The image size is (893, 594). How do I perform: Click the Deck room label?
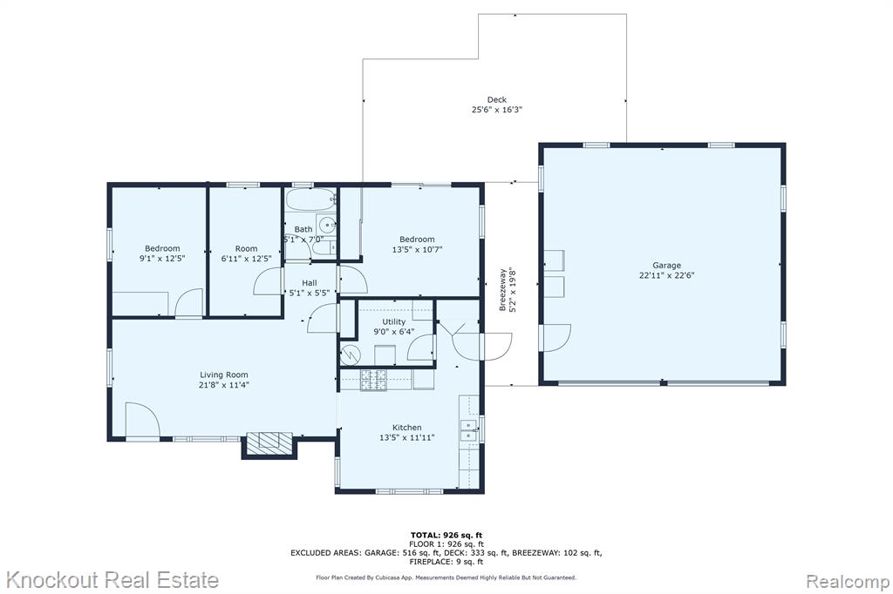tap(496, 99)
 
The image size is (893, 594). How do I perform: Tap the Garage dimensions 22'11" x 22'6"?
tap(666, 275)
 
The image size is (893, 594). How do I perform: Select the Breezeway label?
tap(502, 290)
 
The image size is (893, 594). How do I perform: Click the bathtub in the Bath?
tap(310, 199)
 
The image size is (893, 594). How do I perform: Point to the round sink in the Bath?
tap(327, 224)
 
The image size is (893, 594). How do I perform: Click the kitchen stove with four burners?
tap(373, 380)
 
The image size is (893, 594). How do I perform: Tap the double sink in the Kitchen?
tap(469, 431)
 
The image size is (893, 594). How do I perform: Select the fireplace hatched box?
tap(269, 442)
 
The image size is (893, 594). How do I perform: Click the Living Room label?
tap(224, 375)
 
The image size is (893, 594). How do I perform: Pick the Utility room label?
tap(393, 321)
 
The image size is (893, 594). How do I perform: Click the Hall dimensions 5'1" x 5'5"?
tap(310, 294)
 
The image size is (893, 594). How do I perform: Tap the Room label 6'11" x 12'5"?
tap(246, 248)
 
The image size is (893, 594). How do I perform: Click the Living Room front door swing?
tap(142, 420)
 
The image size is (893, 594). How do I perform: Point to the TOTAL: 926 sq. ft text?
tap(446, 535)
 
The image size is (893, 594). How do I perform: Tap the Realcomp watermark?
tap(848, 582)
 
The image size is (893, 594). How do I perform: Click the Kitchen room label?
tap(407, 428)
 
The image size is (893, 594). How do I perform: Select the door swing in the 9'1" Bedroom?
tap(189, 302)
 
